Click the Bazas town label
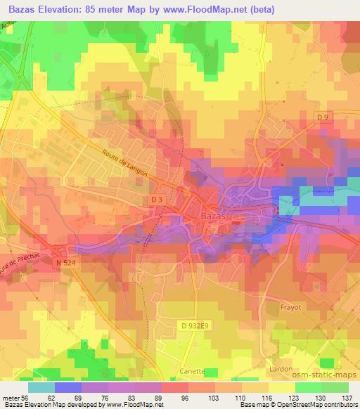214,217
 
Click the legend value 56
26,397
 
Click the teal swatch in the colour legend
41,387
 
